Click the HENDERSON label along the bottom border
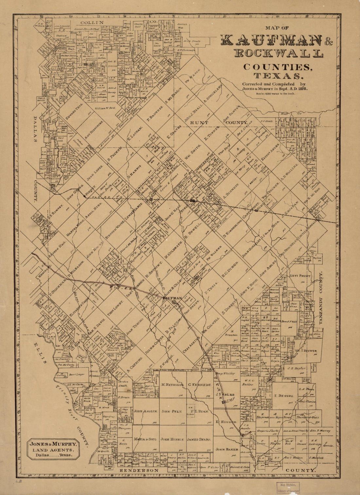(x=139, y=470)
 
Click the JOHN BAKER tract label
(x=226, y=449)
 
